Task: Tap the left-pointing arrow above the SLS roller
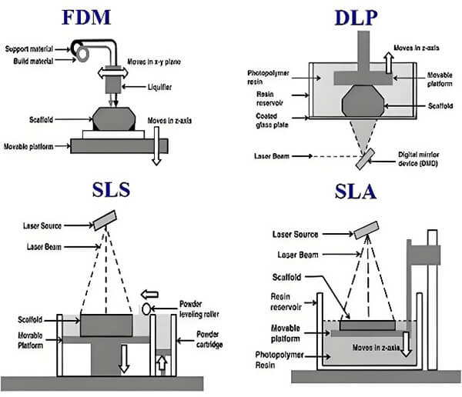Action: [x=149, y=293]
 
